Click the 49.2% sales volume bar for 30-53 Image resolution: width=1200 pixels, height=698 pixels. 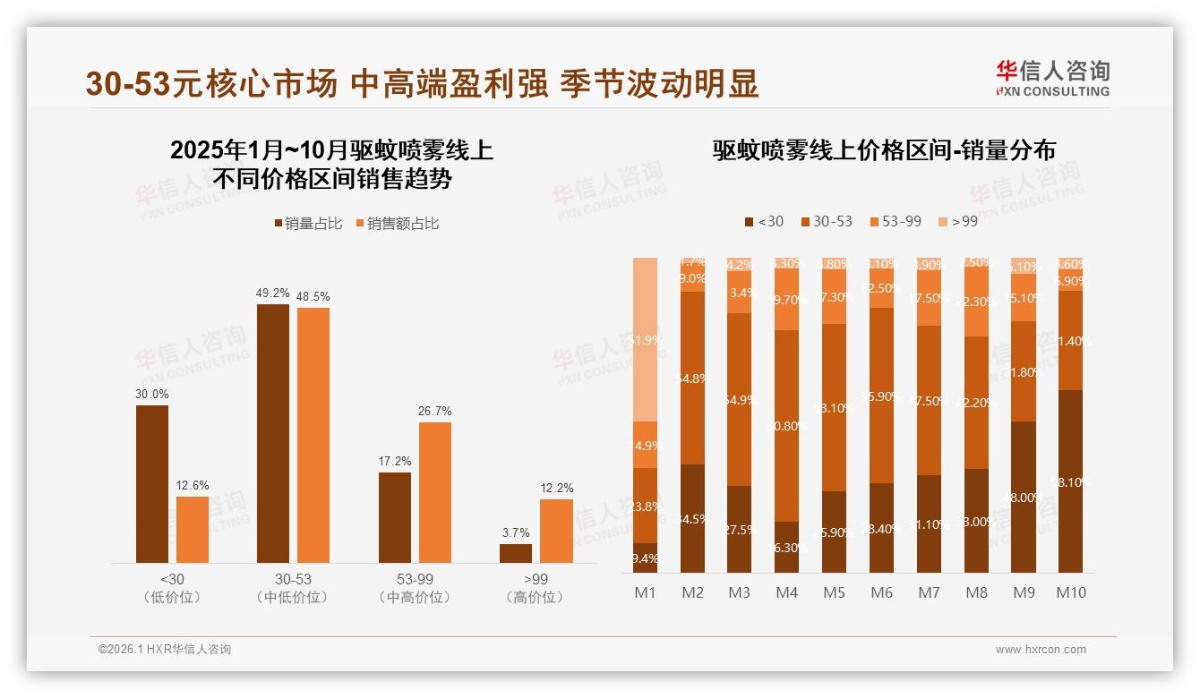click(x=273, y=433)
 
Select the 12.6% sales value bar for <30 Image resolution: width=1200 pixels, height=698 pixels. click(x=193, y=530)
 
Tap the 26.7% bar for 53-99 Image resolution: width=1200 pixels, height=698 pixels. click(x=435, y=492)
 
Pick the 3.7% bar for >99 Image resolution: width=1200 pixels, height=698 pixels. click(x=516, y=553)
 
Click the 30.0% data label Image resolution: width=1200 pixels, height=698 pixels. click(x=151, y=394)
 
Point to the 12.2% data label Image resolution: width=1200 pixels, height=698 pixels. click(x=556, y=488)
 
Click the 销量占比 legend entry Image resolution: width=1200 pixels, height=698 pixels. click(x=308, y=224)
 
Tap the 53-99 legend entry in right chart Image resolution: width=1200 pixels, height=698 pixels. click(x=895, y=221)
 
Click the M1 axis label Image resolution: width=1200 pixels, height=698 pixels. click(x=645, y=592)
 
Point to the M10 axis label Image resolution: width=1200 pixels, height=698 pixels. click(x=1070, y=592)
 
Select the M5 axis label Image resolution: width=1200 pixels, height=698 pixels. click(x=834, y=592)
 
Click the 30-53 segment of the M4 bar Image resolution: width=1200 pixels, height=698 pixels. click(x=786, y=425)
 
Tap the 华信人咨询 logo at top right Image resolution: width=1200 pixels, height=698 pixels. click(x=1052, y=78)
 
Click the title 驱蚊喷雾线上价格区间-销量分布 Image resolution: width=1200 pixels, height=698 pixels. click(x=883, y=150)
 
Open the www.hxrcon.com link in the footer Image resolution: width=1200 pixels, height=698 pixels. click(x=1041, y=650)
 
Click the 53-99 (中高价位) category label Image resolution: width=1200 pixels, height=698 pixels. click(x=415, y=588)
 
